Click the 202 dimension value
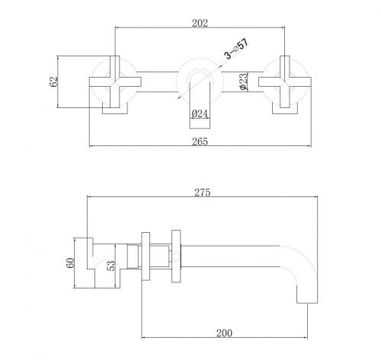[x=200, y=22]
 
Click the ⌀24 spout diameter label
[x=200, y=113]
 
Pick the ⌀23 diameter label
[x=242, y=81]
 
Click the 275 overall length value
[x=201, y=193]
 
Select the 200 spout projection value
[x=224, y=333]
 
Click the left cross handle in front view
[x=114, y=80]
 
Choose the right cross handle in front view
[x=281, y=80]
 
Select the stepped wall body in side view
[x=88, y=260]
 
